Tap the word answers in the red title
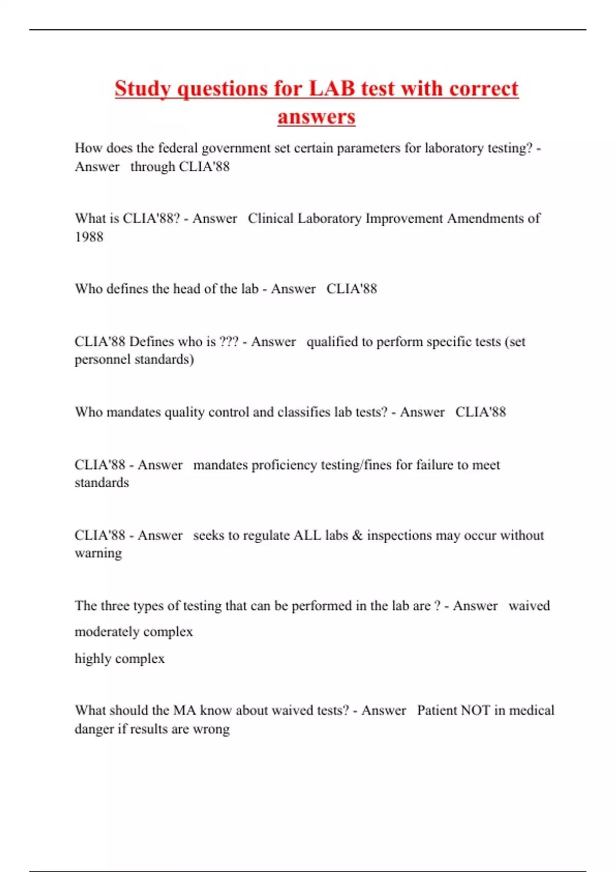tap(316, 117)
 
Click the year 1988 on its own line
tap(89, 237)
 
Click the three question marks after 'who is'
tap(229, 342)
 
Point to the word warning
tap(98, 553)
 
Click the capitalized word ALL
tap(306, 536)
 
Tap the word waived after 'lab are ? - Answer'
tap(529, 606)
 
